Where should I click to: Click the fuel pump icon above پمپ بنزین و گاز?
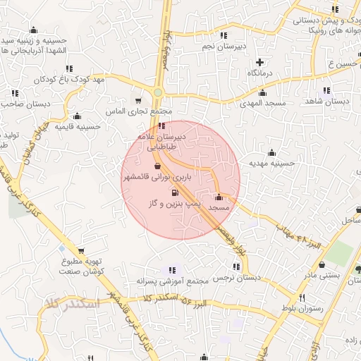point(174,192)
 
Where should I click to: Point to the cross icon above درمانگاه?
point(260,62)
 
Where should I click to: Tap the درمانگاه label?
point(260,73)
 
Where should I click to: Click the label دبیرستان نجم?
point(224,47)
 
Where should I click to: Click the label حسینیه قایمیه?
point(78,127)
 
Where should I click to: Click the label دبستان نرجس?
point(237,278)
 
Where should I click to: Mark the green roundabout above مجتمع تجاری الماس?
point(158,92)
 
